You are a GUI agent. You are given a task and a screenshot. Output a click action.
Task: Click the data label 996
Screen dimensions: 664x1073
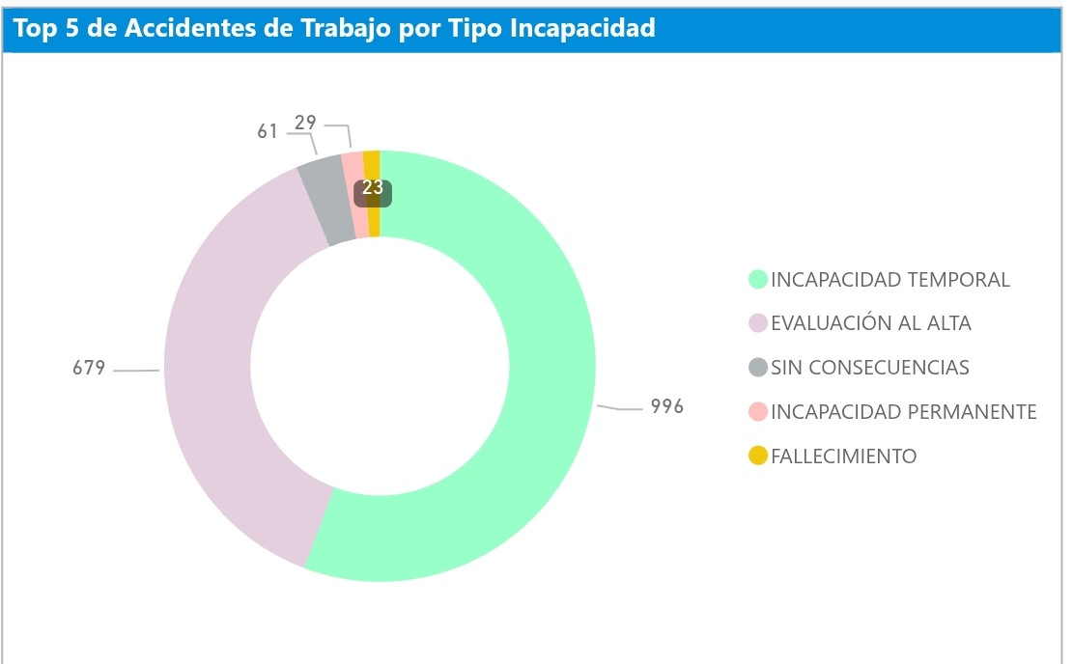(666, 406)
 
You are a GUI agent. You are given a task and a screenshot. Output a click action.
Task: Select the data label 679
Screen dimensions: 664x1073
(89, 368)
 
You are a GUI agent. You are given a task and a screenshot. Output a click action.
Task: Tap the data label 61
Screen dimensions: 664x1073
(268, 131)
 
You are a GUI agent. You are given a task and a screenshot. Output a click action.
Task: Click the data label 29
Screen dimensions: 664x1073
(306, 124)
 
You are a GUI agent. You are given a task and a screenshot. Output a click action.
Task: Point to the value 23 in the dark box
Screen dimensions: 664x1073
(373, 188)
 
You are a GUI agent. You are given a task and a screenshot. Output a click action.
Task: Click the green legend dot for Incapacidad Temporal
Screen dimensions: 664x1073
(758, 280)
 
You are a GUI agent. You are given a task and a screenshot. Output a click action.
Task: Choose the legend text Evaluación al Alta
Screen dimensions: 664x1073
(870, 323)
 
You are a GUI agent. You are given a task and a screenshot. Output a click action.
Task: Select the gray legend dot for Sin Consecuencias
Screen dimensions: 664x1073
(758, 368)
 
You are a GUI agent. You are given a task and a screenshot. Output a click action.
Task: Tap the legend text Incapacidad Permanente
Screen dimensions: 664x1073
(903, 412)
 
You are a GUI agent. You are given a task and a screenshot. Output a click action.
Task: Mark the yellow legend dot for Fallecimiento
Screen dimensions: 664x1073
(758, 456)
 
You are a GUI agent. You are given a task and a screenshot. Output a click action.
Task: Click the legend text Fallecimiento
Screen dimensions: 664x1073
(843, 456)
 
